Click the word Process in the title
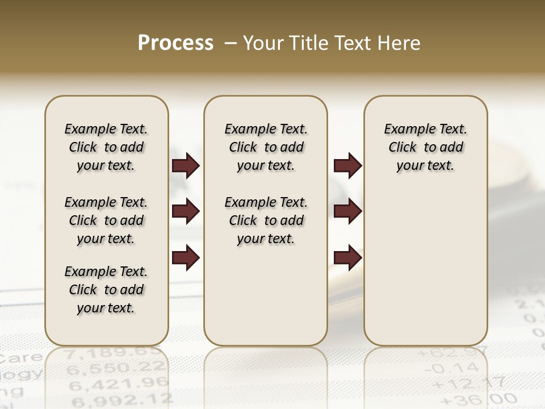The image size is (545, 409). [175, 43]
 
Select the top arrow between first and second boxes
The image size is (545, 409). [186, 166]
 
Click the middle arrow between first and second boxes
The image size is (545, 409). [186, 212]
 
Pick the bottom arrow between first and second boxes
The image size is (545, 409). [186, 258]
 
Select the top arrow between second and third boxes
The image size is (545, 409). [347, 166]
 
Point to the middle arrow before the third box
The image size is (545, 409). [347, 212]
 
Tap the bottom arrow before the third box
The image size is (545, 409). [347, 258]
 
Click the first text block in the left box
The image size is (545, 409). [106, 147]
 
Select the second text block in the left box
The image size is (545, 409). [106, 220]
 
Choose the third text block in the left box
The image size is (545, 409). [106, 290]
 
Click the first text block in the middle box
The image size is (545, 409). [266, 147]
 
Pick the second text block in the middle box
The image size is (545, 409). [266, 220]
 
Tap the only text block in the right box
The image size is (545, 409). [426, 147]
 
